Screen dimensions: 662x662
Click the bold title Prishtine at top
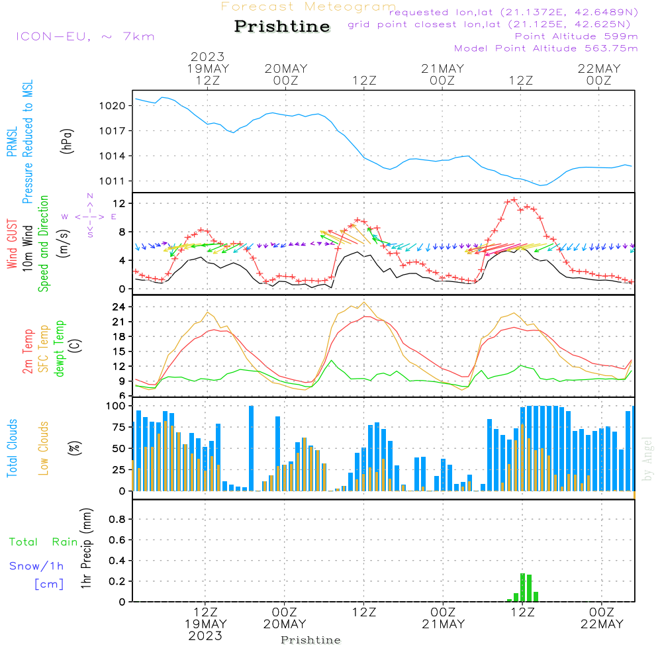(x=282, y=26)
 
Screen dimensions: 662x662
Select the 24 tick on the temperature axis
(x=120, y=307)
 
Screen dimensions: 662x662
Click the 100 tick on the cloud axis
(x=116, y=406)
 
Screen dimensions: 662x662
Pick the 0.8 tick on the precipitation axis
(x=117, y=520)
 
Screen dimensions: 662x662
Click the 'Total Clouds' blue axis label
(x=13, y=448)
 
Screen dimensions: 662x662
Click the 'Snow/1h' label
(x=36, y=566)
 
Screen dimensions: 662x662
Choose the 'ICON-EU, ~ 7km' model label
(x=85, y=36)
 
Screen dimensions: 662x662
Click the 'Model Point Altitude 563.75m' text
(x=546, y=48)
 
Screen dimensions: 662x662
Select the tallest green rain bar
(x=522, y=587)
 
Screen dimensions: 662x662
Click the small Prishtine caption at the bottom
(x=310, y=640)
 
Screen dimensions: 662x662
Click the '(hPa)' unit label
(x=67, y=141)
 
